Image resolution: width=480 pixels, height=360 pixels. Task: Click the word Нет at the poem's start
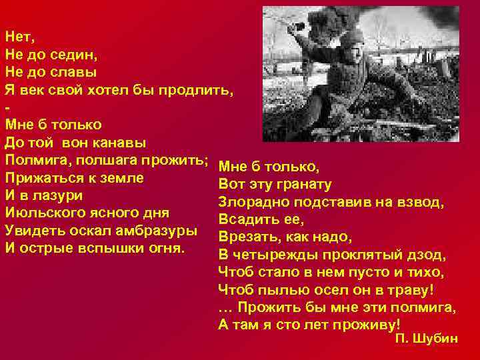pyautogui.click(x=17, y=35)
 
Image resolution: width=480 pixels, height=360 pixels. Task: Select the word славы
pyautogui.click(x=73, y=71)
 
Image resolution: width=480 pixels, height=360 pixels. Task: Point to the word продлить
pyautogui.click(x=194, y=89)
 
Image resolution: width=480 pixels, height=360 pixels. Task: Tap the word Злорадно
pyautogui.click(x=252, y=202)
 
